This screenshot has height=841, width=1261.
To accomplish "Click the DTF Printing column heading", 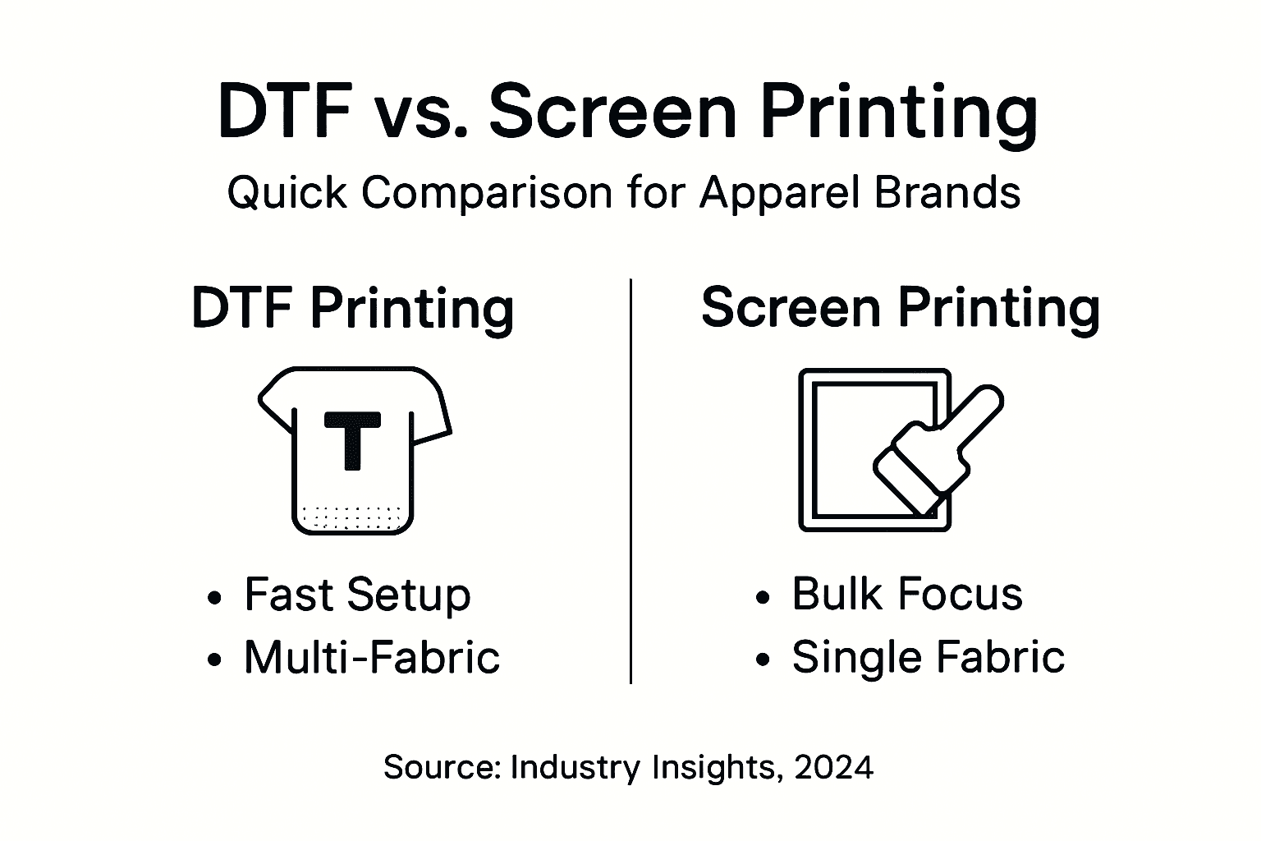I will (x=353, y=309).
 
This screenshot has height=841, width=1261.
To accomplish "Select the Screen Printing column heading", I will (x=900, y=309).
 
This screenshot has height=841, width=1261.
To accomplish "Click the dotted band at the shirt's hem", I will (x=353, y=517).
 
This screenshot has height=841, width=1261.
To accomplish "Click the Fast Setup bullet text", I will (x=357, y=595).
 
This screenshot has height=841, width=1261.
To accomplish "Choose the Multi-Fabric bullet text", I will (x=371, y=658).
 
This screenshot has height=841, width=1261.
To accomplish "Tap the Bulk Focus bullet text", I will (x=906, y=594).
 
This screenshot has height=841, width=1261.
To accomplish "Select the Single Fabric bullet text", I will (x=928, y=657).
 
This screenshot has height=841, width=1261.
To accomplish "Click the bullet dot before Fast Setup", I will (x=215, y=597).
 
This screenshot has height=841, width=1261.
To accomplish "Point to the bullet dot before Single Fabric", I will (x=763, y=659).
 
